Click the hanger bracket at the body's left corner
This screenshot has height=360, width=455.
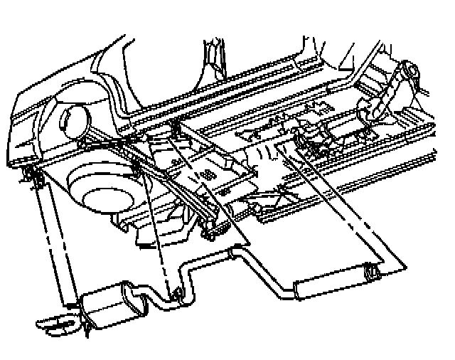(32, 176)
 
